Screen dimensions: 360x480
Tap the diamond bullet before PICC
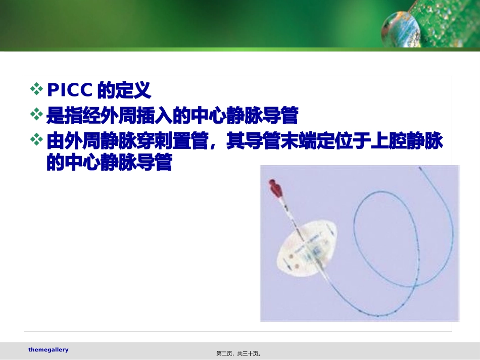[x=37, y=90]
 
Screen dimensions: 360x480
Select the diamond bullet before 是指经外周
[x=37, y=116]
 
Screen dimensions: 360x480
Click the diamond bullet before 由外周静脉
[x=37, y=140]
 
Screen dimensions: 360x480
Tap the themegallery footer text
[x=48, y=350]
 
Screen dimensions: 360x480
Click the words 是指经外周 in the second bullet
[x=91, y=116]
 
